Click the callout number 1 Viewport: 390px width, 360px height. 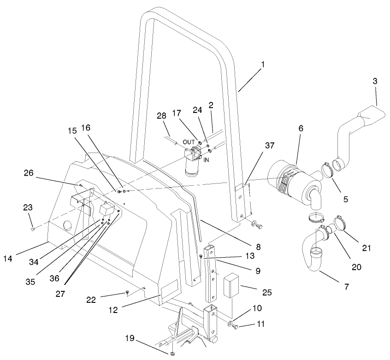pos(263,65)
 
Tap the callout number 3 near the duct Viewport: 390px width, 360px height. pos(375,81)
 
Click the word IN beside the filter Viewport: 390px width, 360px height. pos(207,160)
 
